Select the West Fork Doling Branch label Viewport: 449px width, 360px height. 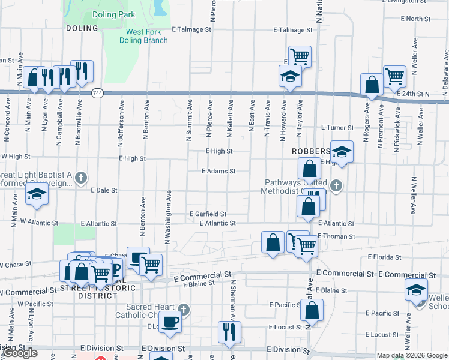(146, 36)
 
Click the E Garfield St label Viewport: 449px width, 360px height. (208, 214)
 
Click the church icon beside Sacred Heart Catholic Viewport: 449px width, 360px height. (184, 310)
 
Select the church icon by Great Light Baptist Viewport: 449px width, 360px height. (82, 178)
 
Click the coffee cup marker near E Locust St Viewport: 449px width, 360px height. (170, 322)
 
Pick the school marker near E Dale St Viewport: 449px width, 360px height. (37, 195)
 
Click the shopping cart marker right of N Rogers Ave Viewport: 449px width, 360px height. (394, 76)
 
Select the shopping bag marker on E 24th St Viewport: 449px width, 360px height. (372, 85)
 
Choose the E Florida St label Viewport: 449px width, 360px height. (384, 257)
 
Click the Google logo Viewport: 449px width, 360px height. (20, 353)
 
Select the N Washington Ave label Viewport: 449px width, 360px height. (169, 217)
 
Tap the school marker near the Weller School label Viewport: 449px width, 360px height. (416, 291)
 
